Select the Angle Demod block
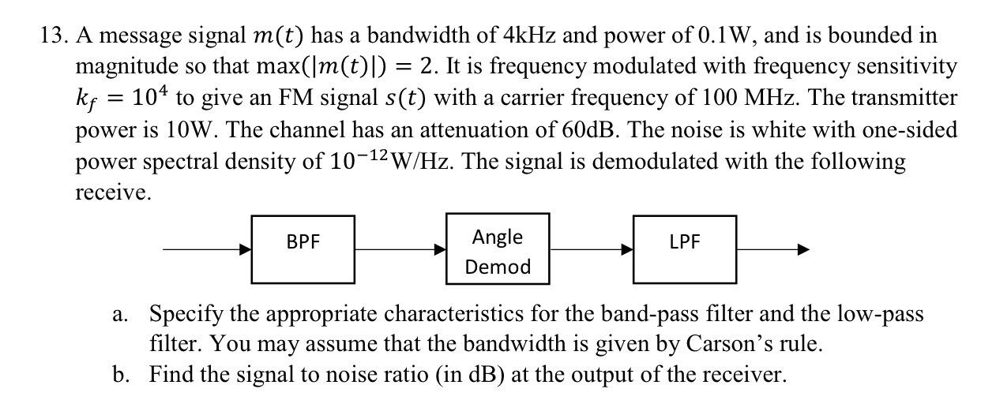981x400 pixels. coord(498,252)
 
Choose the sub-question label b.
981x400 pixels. coord(120,373)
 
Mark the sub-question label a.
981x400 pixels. coord(120,315)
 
